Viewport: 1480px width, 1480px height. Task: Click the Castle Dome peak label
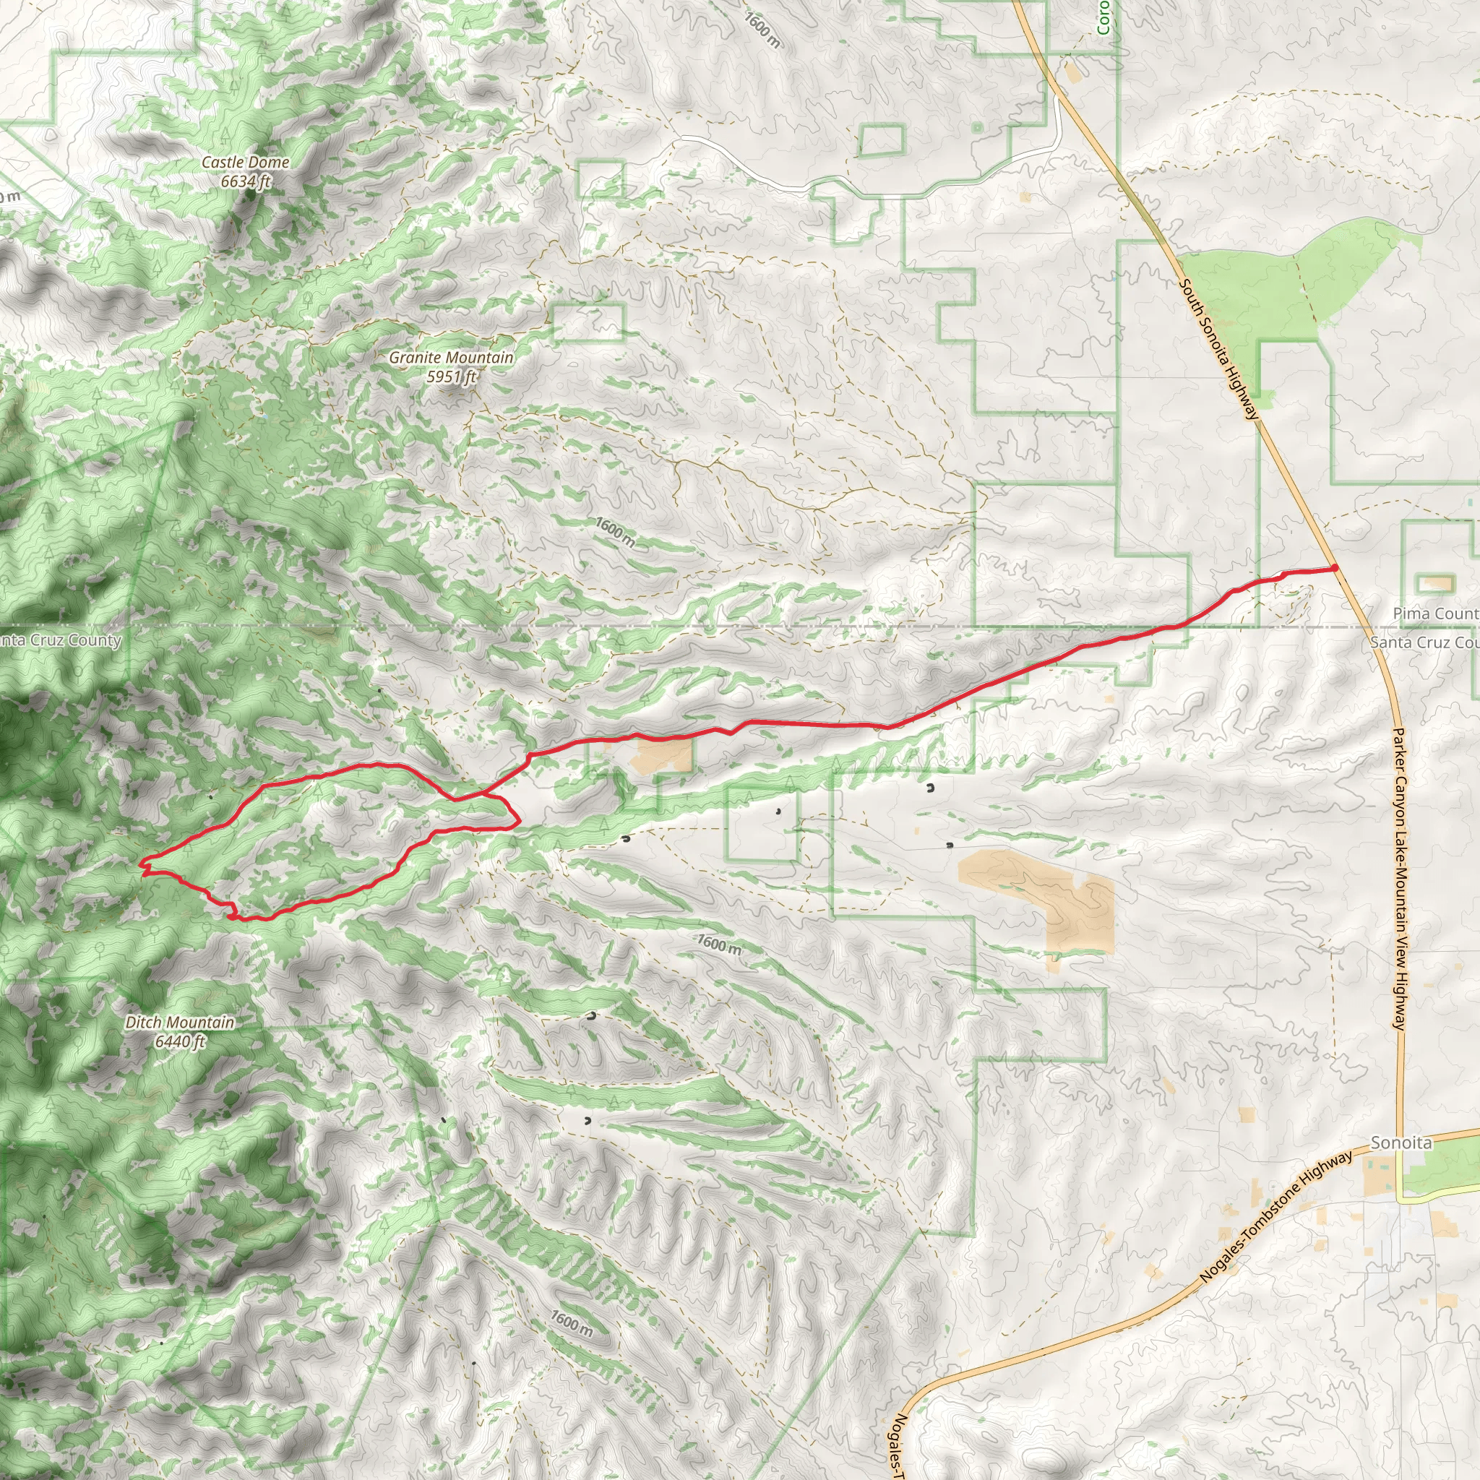245,163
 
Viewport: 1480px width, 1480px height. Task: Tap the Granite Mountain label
451,358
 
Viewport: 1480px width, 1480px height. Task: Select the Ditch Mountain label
180,1022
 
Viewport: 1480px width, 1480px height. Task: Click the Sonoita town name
1401,1143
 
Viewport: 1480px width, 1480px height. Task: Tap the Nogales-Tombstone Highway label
1275,1216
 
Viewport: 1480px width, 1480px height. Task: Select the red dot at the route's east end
1335,567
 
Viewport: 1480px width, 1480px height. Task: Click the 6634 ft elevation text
245,181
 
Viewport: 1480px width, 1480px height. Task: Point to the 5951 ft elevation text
451,377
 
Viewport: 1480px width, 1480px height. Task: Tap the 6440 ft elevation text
180,1041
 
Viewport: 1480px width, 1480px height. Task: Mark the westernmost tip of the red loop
141,865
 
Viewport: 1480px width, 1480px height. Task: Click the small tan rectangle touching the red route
663,755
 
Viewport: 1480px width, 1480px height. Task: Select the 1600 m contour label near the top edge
762,30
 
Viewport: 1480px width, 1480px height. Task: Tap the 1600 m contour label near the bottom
572,1323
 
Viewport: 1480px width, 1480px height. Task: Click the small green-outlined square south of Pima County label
1437,584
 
